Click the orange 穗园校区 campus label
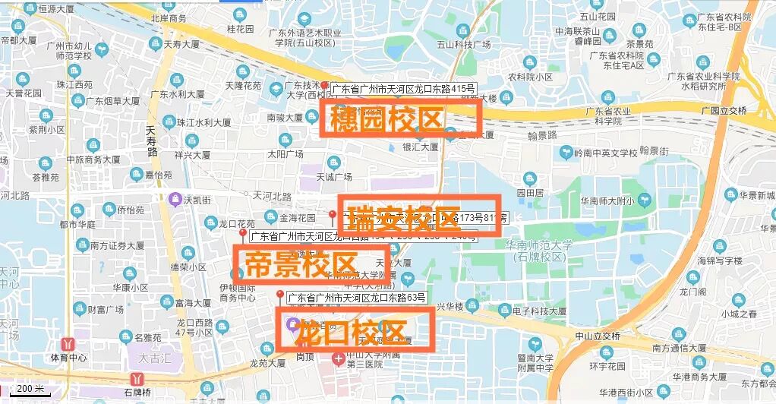(x=401, y=119)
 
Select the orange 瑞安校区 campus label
(x=419, y=215)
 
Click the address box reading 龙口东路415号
(x=402, y=89)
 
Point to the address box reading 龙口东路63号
(x=356, y=296)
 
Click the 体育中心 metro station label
(x=69, y=357)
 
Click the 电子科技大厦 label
(x=539, y=311)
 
